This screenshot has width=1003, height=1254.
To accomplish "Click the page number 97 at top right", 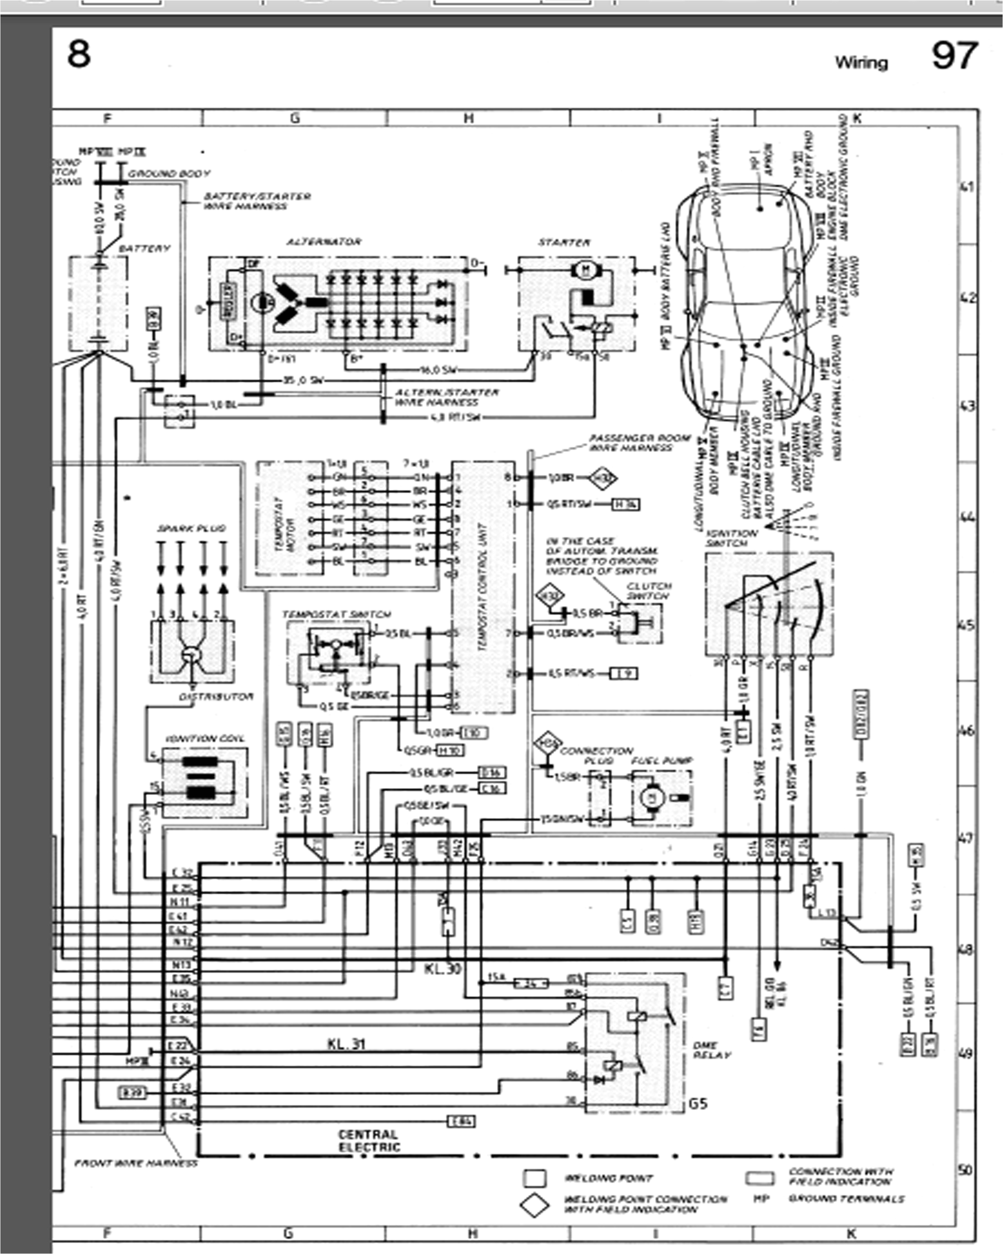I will [954, 56].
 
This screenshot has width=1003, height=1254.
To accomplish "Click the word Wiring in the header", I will [861, 62].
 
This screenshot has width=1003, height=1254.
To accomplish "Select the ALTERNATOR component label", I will [323, 241].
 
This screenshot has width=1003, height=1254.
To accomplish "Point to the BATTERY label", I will [144, 248].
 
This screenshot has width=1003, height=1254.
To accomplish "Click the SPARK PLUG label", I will [191, 528].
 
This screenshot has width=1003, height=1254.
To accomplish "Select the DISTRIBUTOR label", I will [216, 696].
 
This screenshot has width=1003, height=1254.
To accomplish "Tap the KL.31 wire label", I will [346, 1044].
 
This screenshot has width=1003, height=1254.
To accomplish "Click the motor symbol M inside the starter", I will [586, 269].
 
